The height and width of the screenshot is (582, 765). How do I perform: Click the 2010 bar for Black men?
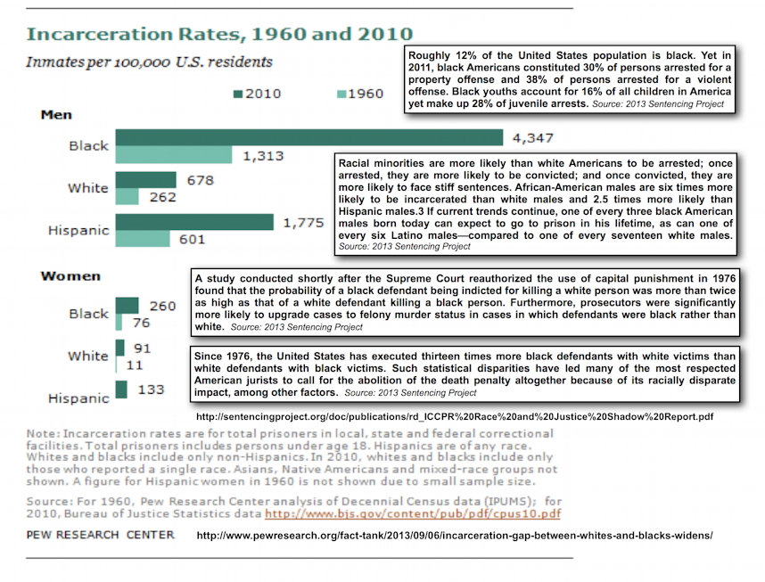(308, 137)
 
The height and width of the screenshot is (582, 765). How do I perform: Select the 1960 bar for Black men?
(174, 155)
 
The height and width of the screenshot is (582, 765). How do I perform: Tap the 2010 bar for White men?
(146, 179)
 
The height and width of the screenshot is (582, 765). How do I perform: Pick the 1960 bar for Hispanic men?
(143, 239)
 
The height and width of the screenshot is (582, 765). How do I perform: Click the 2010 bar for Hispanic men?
(194, 222)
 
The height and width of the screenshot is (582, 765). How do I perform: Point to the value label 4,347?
(533, 138)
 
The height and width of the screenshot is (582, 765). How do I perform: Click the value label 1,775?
(303, 223)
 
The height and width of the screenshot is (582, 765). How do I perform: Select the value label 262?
(162, 197)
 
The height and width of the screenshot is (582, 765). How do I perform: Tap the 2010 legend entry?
(258, 94)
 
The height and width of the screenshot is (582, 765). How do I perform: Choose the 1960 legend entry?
(360, 94)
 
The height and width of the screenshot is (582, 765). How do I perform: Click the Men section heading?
(56, 115)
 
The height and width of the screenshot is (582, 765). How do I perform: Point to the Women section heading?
(70, 276)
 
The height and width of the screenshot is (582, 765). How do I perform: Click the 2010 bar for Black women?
(127, 306)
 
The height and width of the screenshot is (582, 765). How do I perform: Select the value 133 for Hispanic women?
(151, 389)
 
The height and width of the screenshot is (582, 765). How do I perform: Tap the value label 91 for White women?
(142, 348)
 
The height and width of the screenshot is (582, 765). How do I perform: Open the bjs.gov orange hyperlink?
(413, 513)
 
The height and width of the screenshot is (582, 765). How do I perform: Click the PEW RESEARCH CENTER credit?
(100, 535)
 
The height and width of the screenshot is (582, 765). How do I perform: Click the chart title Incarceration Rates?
(219, 34)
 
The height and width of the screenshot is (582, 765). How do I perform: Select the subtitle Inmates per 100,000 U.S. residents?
(149, 62)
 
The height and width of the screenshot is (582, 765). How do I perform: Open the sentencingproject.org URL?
(455, 416)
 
